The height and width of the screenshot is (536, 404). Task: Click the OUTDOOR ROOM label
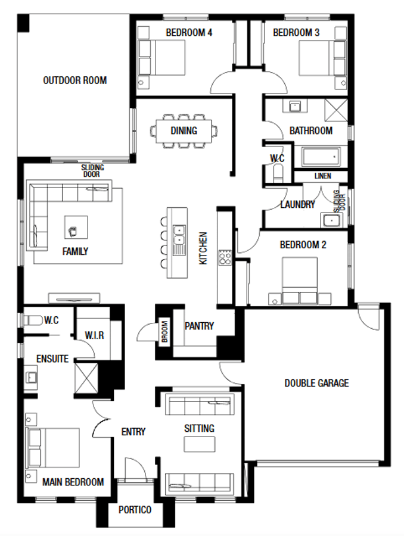74,80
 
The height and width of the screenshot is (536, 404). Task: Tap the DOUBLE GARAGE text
316,383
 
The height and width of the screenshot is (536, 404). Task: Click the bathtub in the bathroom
321,157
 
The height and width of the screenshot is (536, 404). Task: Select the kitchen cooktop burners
226,257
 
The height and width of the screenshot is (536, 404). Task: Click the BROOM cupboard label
164,332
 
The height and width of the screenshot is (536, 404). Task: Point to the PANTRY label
199,326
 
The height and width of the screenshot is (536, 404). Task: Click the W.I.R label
94,335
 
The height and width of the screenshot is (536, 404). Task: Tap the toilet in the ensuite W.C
32,320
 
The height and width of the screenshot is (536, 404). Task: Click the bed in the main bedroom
54,448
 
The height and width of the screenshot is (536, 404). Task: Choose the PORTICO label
135,510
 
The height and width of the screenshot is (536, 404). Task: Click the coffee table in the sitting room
199,444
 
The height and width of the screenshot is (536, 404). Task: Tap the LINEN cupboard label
322,176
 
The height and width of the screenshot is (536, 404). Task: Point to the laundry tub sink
331,220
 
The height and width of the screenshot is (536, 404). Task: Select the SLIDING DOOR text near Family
92,171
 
